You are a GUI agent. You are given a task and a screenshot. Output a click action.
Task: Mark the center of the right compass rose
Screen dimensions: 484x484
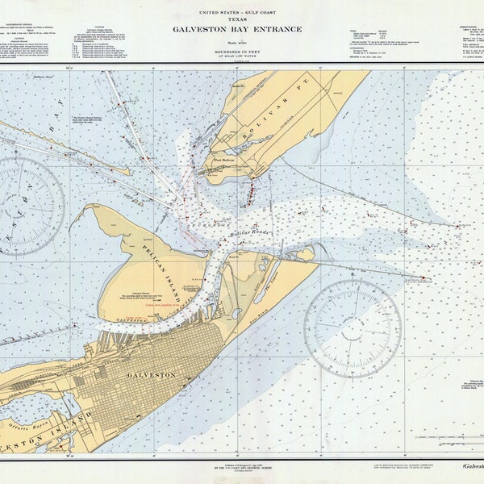353,328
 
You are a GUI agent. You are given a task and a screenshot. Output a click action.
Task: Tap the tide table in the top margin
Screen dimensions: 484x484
367,35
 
